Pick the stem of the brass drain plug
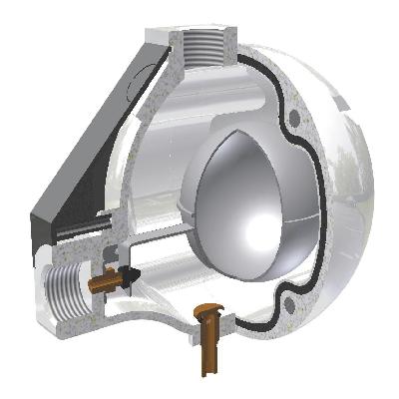click(208, 349)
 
